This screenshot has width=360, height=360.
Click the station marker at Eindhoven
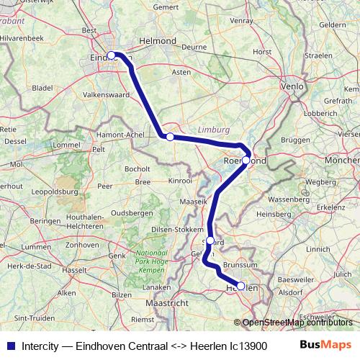[x=112, y=55]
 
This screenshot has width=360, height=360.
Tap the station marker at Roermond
[x=246, y=161]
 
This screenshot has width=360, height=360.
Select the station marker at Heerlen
[x=241, y=285]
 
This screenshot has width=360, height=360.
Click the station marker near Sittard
[x=210, y=240]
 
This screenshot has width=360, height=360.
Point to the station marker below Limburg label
[x=170, y=137]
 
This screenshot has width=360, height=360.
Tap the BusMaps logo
[x=325, y=345]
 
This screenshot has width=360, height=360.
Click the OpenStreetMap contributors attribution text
[x=298, y=323]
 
